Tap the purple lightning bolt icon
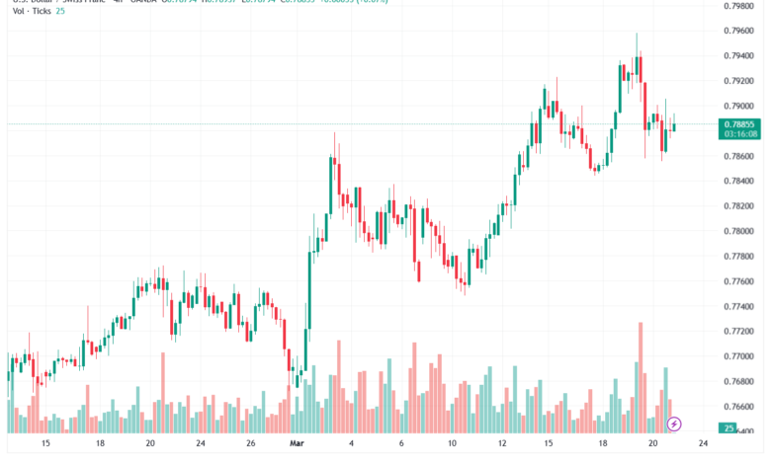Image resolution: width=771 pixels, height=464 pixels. click(675, 424)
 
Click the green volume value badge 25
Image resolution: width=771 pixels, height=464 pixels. click(728, 428)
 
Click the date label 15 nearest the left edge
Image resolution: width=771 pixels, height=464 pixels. click(45, 444)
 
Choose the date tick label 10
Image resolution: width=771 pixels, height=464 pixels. click(452, 444)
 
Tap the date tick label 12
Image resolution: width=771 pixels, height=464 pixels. click(503, 444)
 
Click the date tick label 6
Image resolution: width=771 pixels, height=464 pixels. click(401, 444)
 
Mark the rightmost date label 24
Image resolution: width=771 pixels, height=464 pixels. click(702, 444)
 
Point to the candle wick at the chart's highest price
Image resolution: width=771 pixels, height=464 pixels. click(637, 36)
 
